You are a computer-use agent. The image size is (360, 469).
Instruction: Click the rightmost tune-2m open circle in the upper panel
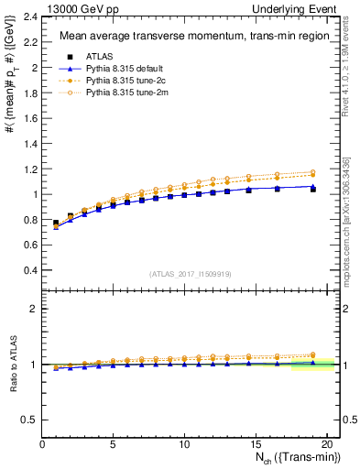(313, 172)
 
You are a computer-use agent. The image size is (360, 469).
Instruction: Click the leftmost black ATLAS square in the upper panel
(56, 224)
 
